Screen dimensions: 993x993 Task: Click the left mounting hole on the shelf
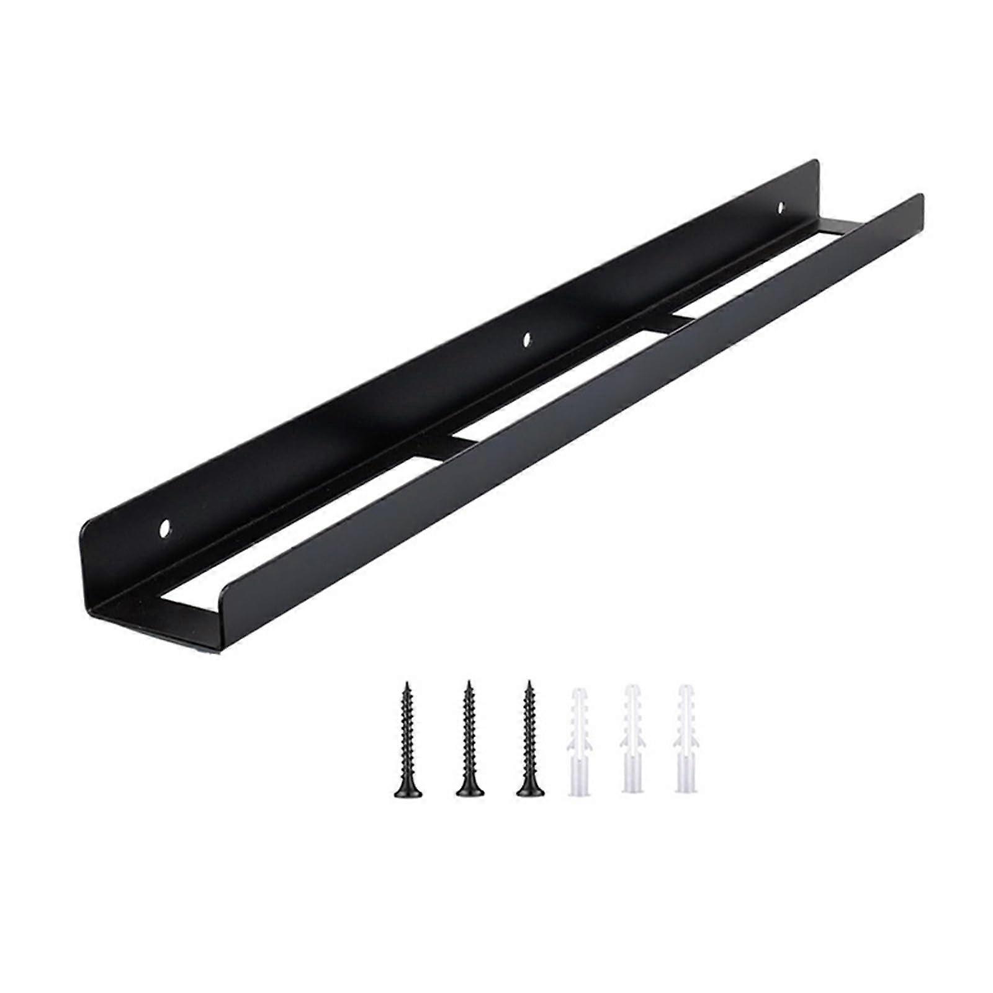[166, 529]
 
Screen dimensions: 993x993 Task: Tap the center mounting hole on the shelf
[527, 339]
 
